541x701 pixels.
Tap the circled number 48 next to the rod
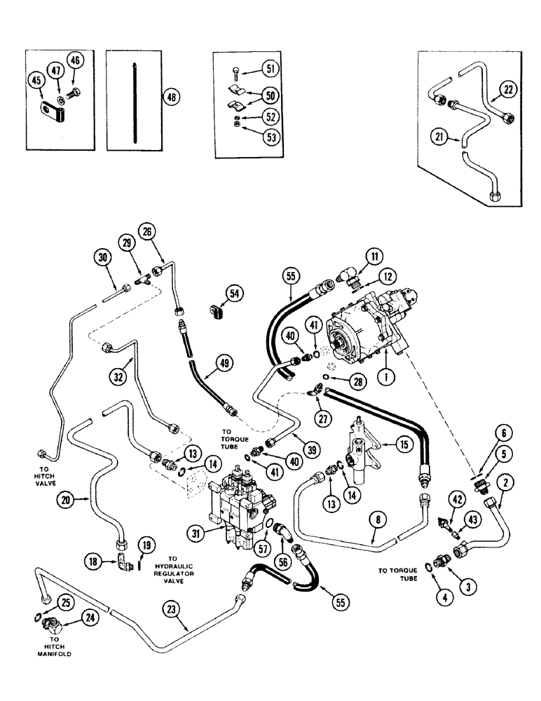pyautogui.click(x=168, y=97)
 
